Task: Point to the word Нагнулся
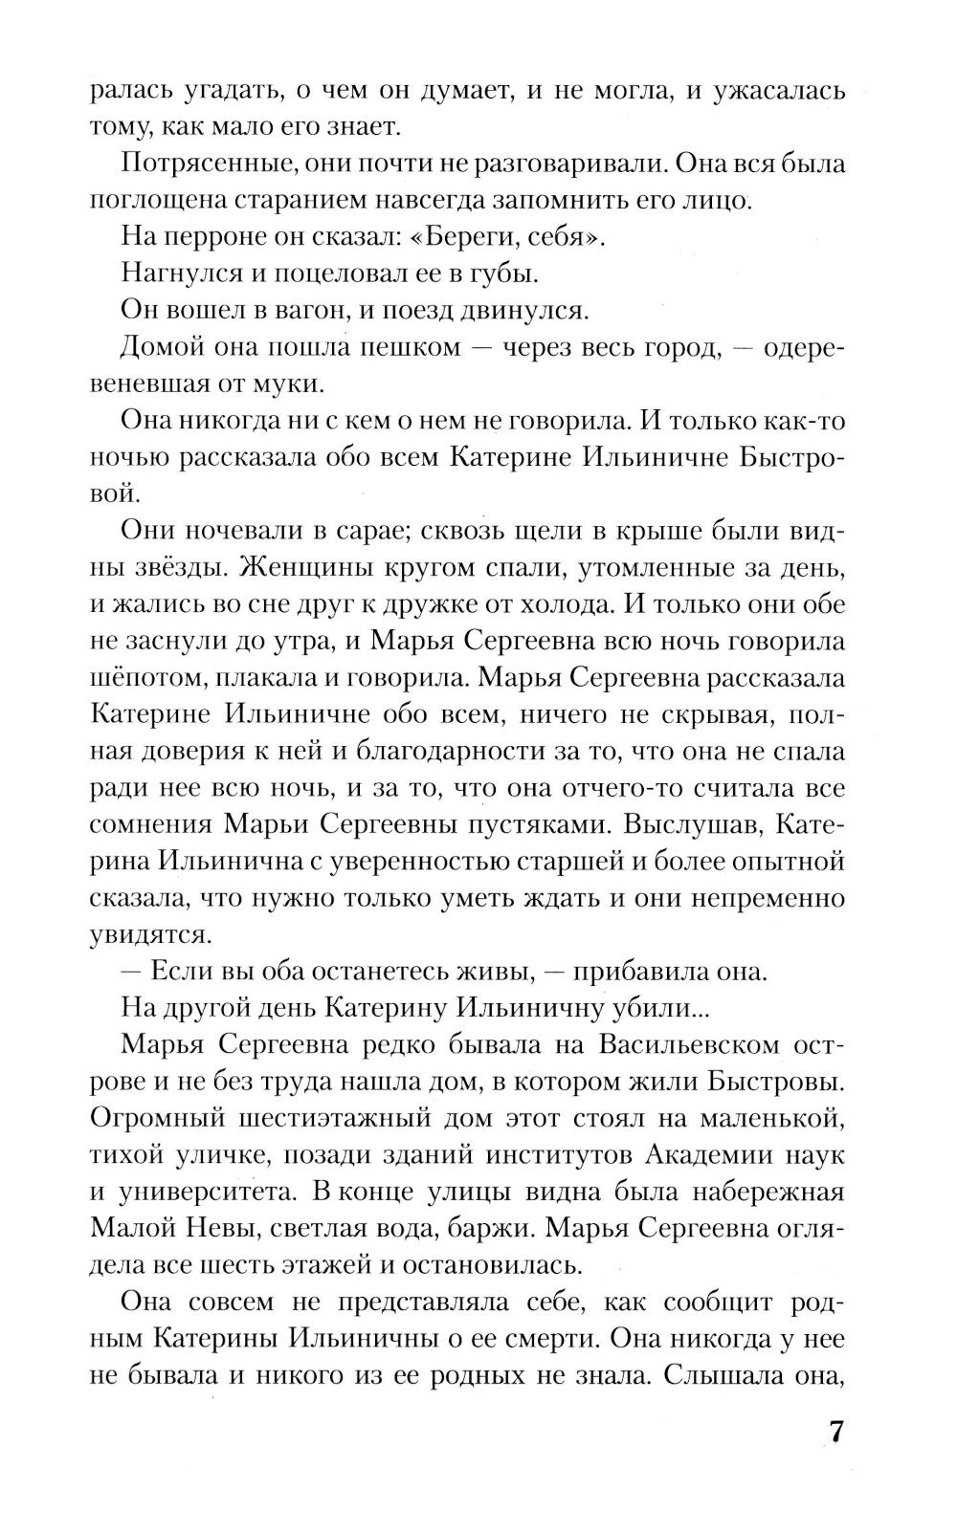point(179,274)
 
